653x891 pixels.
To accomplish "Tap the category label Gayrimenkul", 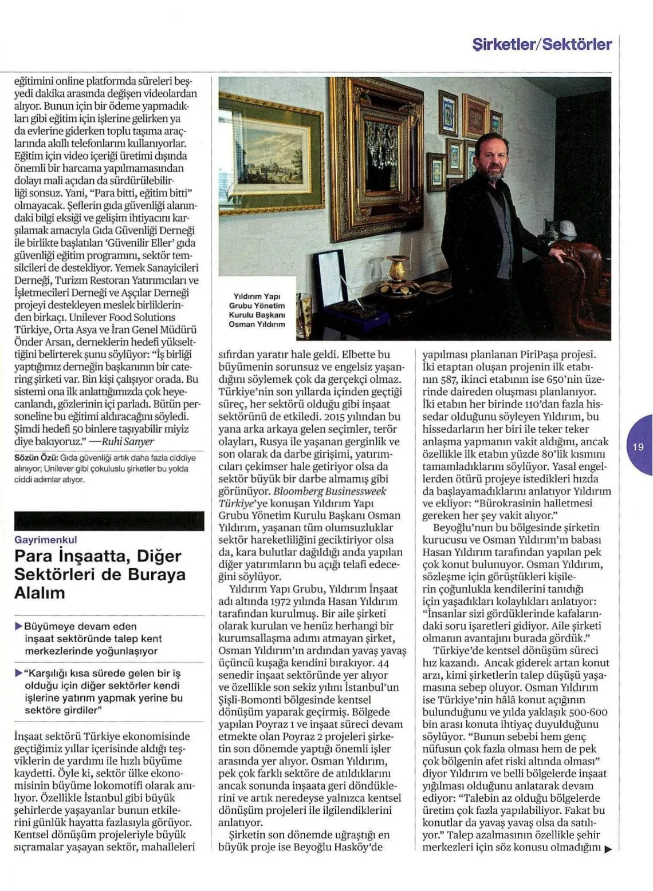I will tap(45, 540).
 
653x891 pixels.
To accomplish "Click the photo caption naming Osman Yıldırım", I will tap(257, 310).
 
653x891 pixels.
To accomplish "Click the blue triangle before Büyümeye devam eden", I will tap(18, 626).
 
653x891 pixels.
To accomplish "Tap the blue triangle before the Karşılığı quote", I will tap(18, 673).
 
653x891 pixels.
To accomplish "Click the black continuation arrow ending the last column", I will tap(607, 849).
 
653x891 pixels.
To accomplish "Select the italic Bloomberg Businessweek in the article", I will tap(329, 491).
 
